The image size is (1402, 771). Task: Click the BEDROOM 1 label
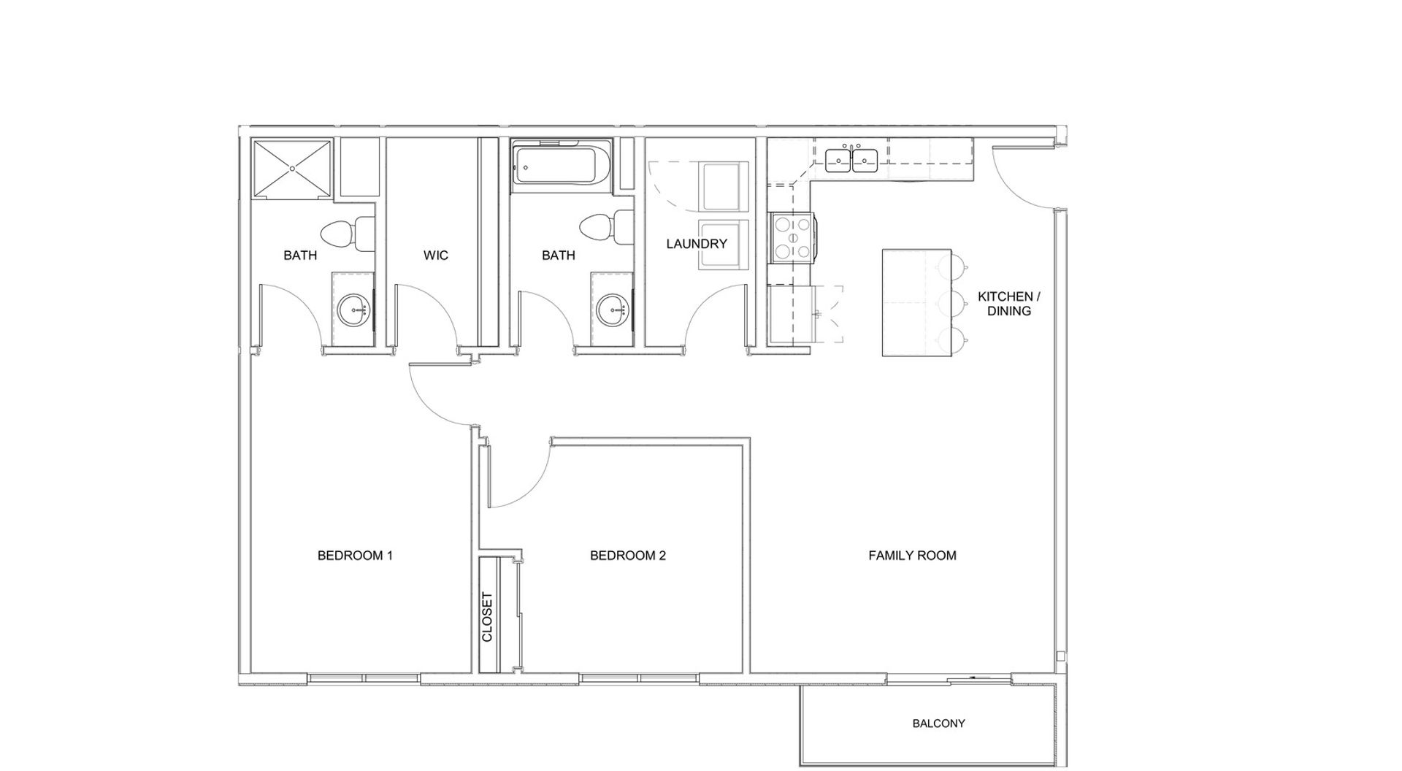pyautogui.click(x=355, y=556)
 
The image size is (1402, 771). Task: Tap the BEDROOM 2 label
pyautogui.click(x=628, y=556)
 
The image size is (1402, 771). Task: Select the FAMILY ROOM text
pyautogui.click(x=912, y=556)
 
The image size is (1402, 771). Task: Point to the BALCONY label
pyautogui.click(x=938, y=724)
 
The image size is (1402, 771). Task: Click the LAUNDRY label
pyautogui.click(x=697, y=244)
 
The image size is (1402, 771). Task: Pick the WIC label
pyautogui.click(x=436, y=256)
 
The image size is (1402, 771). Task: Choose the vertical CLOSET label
pyautogui.click(x=488, y=617)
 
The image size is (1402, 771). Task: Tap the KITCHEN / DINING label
pyautogui.click(x=1009, y=304)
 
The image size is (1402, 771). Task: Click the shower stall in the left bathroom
pyautogui.click(x=292, y=169)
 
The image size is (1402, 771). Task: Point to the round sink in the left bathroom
pyautogui.click(x=355, y=310)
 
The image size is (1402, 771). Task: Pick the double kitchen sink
pyautogui.click(x=851, y=159)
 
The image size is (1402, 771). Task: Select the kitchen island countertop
pyautogui.click(x=917, y=302)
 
